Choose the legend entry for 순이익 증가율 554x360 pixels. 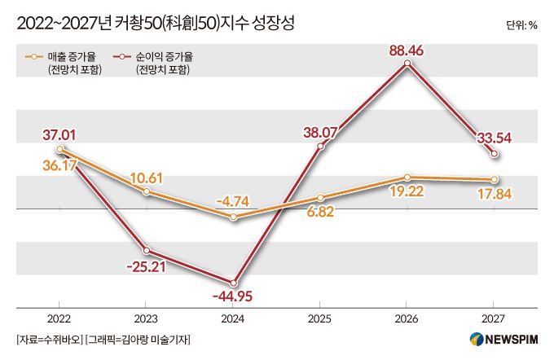pyautogui.click(x=160, y=57)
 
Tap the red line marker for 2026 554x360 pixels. pyautogui.click(x=407, y=66)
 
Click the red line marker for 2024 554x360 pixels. pyautogui.click(x=234, y=281)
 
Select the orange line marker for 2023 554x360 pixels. pyautogui.click(x=147, y=191)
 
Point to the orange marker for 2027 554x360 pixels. pyautogui.click(x=494, y=179)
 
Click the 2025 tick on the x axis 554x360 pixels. pyautogui.click(x=320, y=319)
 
